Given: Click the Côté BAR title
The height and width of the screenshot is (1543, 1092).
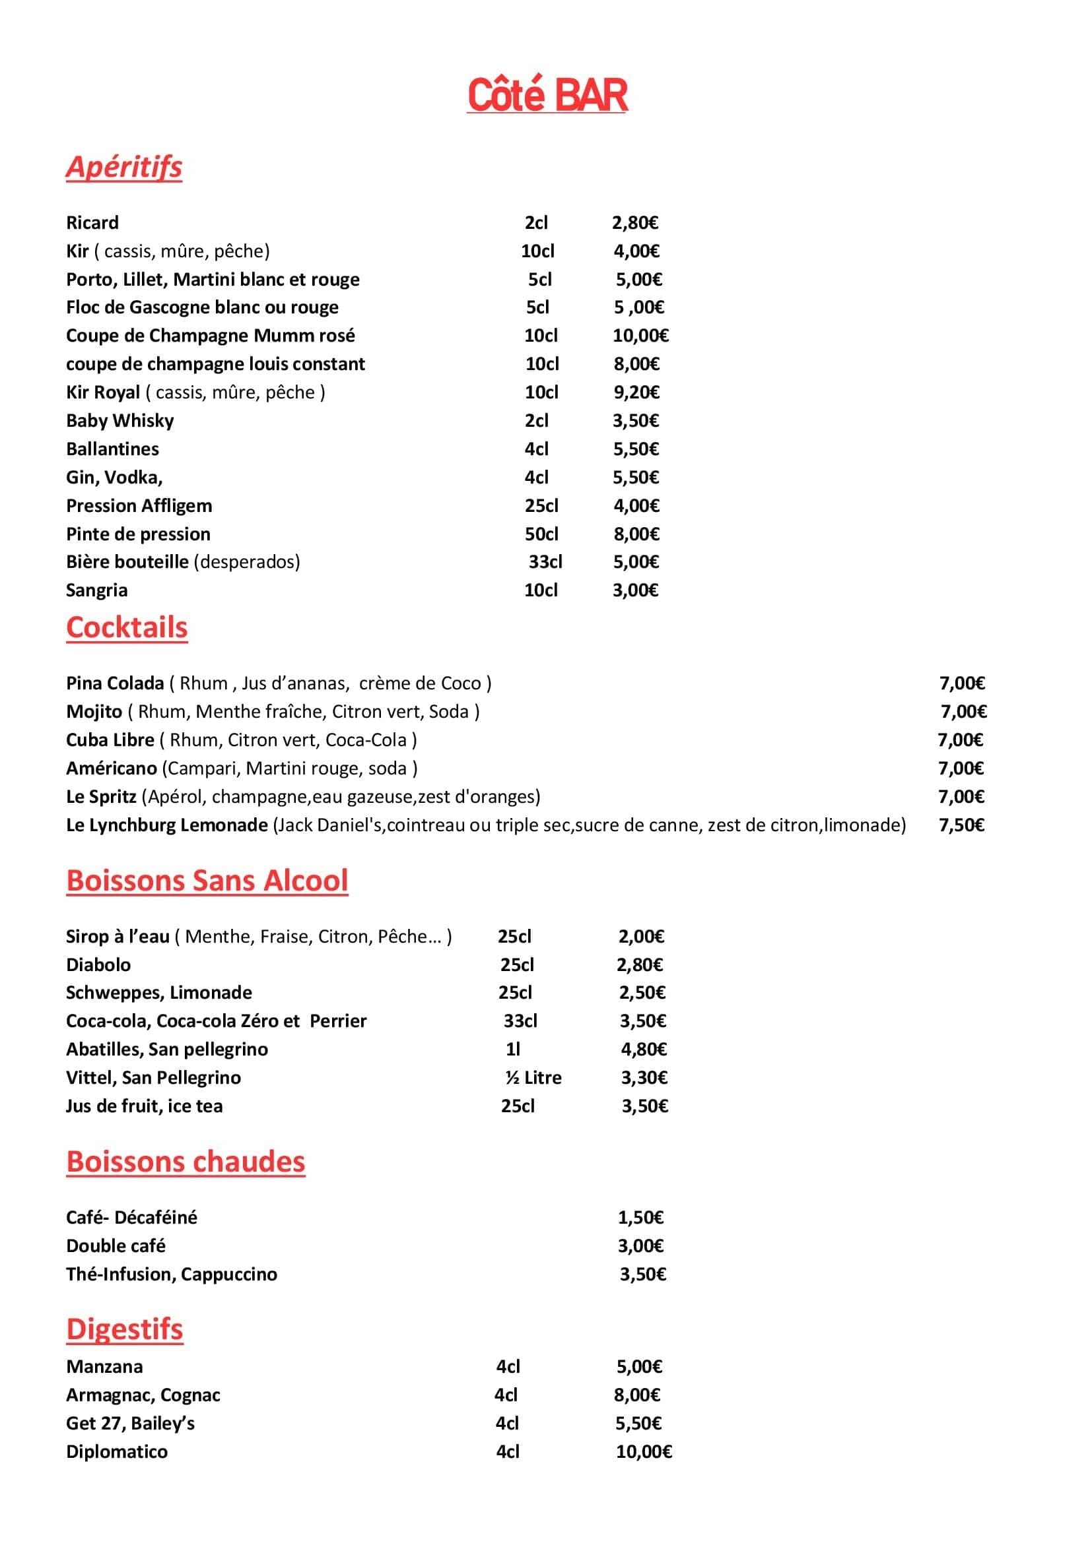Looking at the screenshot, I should point(547,96).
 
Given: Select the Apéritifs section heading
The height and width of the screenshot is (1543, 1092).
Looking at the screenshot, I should point(124,167).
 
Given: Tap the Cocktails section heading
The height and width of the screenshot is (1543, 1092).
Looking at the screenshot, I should point(126,627).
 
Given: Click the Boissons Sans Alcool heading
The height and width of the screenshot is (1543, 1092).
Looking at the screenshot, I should point(207,881).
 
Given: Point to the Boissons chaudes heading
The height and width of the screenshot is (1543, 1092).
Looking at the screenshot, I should point(186,1161).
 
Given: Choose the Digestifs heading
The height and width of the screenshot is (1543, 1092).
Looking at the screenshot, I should point(124,1329).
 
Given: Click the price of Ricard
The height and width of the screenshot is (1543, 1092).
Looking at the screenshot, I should point(634,222).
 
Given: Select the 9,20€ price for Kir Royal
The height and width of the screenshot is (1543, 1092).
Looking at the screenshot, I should point(636,393).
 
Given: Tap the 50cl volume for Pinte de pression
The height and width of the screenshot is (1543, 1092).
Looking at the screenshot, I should point(541,534).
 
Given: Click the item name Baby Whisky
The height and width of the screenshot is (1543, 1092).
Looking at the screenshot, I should point(119,421).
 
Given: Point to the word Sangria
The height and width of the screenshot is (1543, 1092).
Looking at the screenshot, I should point(97,590).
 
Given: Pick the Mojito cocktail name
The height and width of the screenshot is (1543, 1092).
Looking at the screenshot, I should point(94,712).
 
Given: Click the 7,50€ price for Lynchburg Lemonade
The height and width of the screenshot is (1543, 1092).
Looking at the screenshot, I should point(961,825).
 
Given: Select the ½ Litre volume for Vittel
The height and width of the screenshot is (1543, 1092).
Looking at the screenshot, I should point(533,1078).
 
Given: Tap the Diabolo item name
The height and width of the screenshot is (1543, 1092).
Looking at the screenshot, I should point(98,965).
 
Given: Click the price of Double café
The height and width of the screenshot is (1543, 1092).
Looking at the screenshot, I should point(641,1246).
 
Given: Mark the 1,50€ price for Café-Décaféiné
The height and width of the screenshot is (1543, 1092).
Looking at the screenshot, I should point(641,1218).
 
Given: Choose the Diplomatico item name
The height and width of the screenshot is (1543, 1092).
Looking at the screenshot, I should point(117,1451).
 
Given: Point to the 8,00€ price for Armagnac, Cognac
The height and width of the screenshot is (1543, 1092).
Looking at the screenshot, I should point(636,1395).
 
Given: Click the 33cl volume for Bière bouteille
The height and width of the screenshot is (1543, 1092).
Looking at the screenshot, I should point(545,562).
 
